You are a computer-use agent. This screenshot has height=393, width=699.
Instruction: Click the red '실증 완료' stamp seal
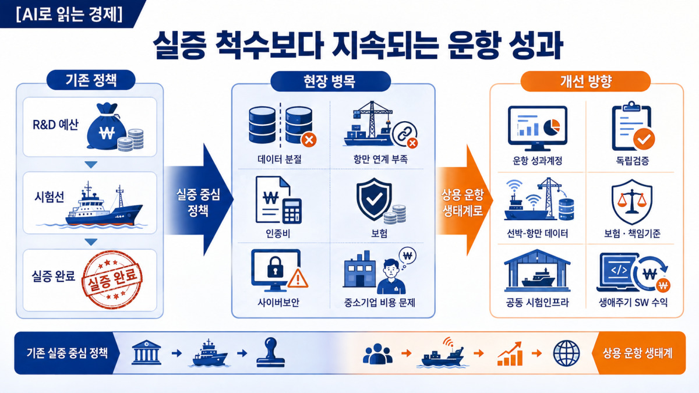112,280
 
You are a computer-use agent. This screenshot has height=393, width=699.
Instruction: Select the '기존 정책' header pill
91,80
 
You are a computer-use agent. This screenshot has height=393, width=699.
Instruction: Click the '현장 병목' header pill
330,82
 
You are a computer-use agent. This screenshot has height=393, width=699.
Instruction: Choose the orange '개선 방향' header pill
585,82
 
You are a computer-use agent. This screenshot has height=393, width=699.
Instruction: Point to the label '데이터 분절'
279,160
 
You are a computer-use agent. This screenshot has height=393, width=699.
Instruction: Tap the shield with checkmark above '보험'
374,199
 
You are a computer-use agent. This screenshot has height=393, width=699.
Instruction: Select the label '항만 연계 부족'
380,160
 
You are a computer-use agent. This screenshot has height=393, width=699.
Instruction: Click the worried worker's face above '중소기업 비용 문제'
391,268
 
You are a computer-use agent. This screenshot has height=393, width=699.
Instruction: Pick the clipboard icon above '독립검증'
632,126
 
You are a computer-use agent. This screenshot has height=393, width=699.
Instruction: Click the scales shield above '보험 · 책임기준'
631,202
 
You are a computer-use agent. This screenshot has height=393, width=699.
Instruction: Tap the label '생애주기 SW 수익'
633,302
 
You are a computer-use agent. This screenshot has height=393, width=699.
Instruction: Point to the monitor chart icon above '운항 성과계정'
537,128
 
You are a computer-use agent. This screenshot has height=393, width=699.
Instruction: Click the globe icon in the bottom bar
566,353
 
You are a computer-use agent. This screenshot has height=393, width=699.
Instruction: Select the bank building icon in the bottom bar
146,352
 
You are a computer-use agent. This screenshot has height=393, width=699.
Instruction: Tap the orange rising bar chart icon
510,354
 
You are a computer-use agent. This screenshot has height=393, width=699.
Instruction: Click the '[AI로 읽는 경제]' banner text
69,15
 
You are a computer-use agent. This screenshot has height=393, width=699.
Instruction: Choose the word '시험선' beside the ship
49,197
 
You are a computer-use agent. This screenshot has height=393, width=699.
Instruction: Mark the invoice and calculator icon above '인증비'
278,200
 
